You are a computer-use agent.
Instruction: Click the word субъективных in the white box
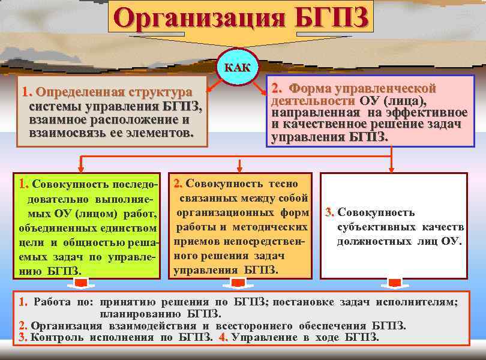(371, 227)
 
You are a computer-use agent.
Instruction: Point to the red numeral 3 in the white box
(329, 212)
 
